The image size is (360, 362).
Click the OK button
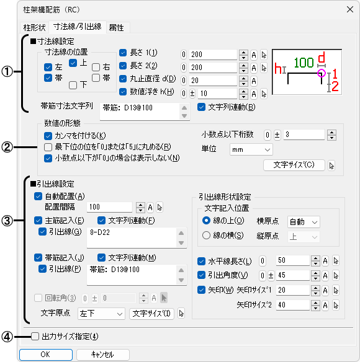point(46,355)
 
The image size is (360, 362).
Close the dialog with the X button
point(350,9)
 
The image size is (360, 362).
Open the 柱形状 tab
point(34,27)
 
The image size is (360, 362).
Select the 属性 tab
point(116,27)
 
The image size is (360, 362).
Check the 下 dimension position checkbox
point(73,85)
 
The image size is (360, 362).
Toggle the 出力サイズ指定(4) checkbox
point(35,337)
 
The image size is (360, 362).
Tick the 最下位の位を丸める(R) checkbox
point(48,147)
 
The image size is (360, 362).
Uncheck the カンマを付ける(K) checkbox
point(48,136)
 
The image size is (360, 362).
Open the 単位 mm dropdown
point(251,149)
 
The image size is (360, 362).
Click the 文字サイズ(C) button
point(294,165)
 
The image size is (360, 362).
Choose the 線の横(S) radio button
point(206,236)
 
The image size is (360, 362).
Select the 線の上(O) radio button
point(206,221)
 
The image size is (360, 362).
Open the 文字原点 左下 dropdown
point(101,314)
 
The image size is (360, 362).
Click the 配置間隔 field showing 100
point(109,207)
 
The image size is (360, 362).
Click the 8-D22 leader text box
point(132,238)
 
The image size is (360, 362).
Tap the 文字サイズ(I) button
point(151,314)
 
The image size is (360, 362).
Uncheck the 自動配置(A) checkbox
point(38,196)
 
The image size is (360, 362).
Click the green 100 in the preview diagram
point(304,63)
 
